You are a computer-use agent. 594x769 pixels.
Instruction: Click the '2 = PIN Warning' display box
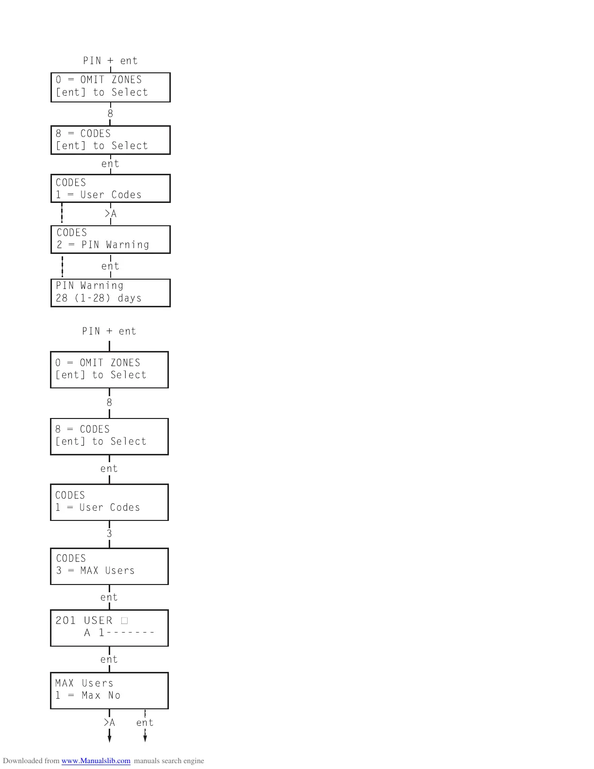click(110, 239)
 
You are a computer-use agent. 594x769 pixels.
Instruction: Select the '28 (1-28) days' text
click(99, 298)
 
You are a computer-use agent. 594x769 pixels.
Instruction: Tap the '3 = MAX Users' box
click(109, 566)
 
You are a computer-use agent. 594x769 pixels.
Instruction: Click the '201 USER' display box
click(109, 628)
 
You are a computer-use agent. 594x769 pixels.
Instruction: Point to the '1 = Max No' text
click(88, 695)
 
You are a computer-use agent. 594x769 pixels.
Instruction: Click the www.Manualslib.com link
click(96, 761)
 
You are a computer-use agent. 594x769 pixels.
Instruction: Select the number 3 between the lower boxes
click(109, 534)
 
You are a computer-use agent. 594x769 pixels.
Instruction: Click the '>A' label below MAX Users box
click(109, 722)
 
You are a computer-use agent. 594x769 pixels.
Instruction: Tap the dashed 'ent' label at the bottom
click(145, 722)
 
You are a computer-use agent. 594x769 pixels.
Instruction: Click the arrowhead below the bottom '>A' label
click(109, 738)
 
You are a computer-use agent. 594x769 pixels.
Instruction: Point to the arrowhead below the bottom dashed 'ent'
click(145, 738)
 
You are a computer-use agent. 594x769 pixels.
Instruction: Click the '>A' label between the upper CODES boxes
click(111, 214)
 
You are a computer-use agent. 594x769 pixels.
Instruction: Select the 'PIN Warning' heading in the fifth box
click(90, 285)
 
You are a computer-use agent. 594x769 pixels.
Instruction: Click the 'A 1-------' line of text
click(119, 633)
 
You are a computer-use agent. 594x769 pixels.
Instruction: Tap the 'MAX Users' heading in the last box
click(84, 683)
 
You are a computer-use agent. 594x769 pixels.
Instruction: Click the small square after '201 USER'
click(125, 620)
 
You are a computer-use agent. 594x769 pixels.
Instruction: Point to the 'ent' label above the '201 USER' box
click(109, 597)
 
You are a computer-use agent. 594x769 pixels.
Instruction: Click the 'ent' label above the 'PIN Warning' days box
click(110, 266)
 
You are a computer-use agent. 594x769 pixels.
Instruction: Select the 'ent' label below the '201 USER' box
click(109, 659)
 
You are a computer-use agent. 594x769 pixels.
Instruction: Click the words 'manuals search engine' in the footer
click(169, 761)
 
